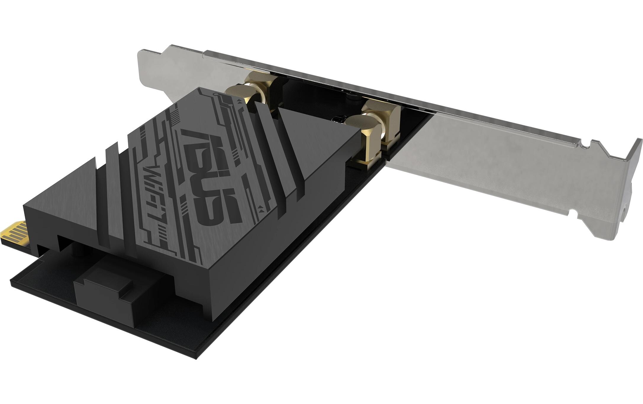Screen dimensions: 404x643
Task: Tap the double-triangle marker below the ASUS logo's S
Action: click(260, 208)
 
